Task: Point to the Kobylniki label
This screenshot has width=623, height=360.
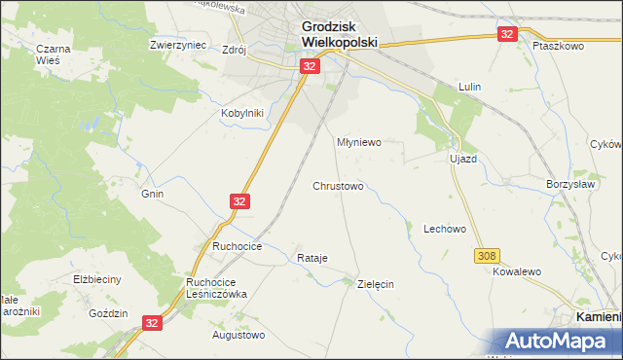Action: (243, 112)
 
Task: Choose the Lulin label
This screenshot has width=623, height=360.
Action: (471, 87)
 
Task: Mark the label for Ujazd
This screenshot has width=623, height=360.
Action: (461, 158)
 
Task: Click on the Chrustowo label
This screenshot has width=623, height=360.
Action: (338, 185)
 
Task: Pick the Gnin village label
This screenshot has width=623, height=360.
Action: (152, 194)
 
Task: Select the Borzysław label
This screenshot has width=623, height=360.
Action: (569, 182)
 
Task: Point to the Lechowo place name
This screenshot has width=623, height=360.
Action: (445, 229)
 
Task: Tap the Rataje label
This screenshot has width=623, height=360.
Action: (311, 258)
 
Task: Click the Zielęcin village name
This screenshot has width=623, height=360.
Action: (375, 284)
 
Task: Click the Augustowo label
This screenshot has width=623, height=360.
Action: (238, 335)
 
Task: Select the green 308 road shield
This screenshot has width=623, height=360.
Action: (488, 256)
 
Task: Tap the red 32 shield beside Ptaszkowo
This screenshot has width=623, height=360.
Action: (506, 34)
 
